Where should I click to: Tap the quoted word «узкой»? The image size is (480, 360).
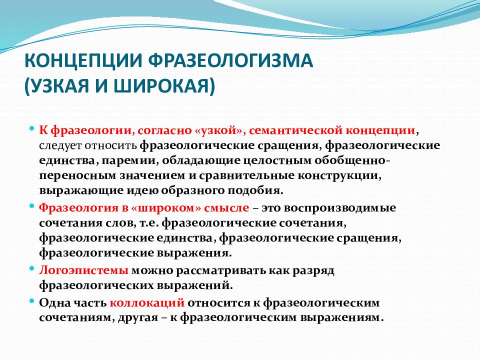coord(219,130)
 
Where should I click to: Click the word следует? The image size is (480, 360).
coord(62,145)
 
